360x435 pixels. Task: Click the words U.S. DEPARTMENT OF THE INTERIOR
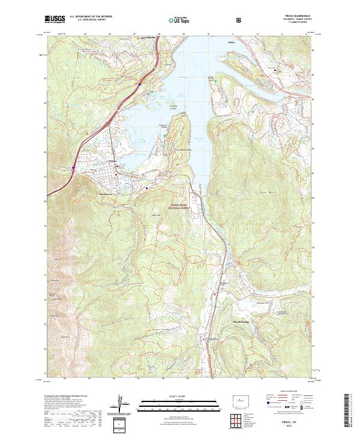(x=91, y=16)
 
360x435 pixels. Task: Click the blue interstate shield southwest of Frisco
(x=73, y=168)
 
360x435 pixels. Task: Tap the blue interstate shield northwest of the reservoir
(x=140, y=85)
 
